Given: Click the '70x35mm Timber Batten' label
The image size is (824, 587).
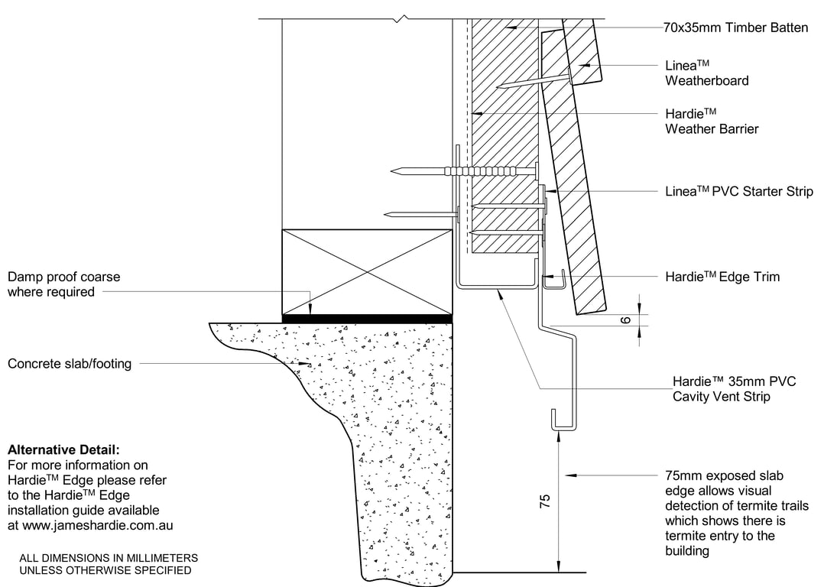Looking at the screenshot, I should tap(736, 28).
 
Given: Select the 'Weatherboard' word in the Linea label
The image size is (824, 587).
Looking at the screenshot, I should tap(707, 81).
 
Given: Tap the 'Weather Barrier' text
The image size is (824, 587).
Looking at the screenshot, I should tap(712, 129).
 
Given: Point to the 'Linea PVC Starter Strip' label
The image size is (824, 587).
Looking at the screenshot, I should tap(739, 191).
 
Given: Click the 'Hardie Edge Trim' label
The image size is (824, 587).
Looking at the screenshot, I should tap(722, 277).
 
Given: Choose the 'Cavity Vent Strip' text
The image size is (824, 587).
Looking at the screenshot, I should tap(722, 396).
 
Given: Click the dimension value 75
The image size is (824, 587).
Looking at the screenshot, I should tap(544, 501).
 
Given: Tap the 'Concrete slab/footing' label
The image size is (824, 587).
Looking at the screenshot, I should tap(70, 364).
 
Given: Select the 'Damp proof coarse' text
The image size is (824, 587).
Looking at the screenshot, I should tap(64, 277).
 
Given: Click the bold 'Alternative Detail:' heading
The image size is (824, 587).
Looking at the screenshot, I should tap(63, 450).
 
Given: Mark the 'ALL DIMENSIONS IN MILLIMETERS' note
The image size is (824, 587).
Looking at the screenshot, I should tap(109, 558).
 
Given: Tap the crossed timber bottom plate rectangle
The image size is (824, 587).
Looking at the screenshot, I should tap(367, 271).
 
